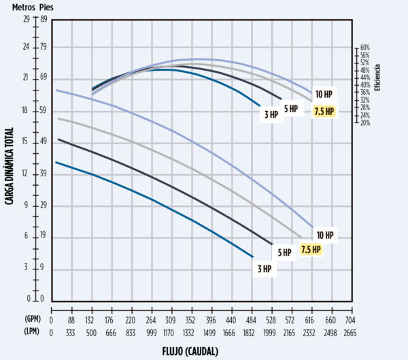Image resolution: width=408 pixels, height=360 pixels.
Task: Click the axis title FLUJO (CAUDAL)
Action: [201, 352]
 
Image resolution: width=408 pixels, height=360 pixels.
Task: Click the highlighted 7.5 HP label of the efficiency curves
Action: [324, 112]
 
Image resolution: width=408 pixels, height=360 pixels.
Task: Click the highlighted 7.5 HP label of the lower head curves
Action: [311, 249]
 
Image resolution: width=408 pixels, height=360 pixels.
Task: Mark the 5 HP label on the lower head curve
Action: [284, 252]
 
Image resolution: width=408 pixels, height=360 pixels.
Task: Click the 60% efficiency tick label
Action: [364, 48]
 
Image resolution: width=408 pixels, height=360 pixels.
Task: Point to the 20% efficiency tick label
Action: [364, 123]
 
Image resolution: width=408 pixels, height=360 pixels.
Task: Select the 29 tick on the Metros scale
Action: [27, 19]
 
